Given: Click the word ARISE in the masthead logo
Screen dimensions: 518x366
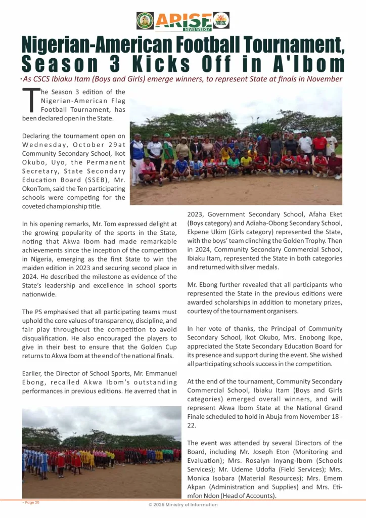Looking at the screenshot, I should click(x=182, y=20).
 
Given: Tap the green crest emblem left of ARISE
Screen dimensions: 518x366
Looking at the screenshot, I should click(x=145, y=21).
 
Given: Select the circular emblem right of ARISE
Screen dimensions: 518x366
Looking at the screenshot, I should click(x=221, y=21).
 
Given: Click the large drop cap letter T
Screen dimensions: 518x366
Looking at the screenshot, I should click(x=30, y=100).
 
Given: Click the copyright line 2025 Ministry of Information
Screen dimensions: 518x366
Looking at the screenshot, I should click(x=183, y=504).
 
